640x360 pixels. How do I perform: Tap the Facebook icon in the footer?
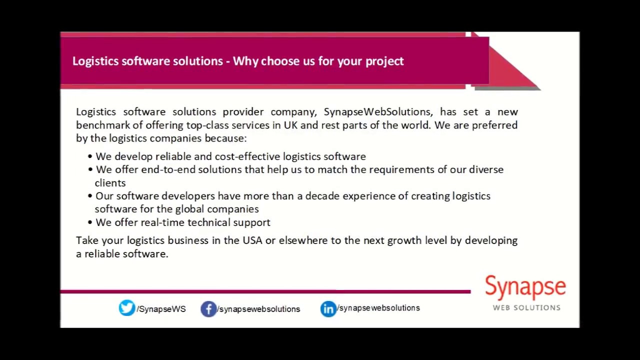tap(208, 309)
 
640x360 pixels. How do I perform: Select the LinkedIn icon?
tap(328, 309)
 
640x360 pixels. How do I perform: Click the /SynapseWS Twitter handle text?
tap(161, 309)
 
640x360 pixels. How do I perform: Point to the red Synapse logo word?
tap(525, 288)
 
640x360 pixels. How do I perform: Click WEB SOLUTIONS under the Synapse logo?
tap(526, 307)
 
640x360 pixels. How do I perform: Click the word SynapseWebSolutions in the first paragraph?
tap(377, 111)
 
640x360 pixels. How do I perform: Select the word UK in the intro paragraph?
tap(290, 125)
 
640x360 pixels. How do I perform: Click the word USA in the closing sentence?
tap(252, 240)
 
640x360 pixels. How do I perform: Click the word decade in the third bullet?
tap(322, 196)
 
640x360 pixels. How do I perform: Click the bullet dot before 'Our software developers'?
tap(90, 196)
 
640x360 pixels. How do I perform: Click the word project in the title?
tap(384, 61)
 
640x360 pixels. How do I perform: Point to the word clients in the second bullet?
tap(110, 183)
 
